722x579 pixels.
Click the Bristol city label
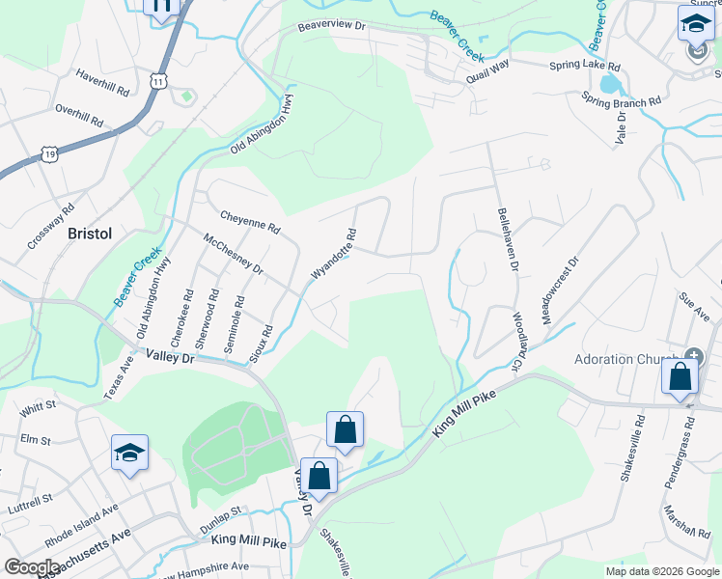tap(90, 234)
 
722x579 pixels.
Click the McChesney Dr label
tap(233, 254)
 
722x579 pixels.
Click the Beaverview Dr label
tap(332, 27)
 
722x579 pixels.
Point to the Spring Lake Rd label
tap(585, 67)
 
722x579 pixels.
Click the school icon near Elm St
tap(129, 453)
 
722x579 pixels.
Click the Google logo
tap(32, 567)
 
